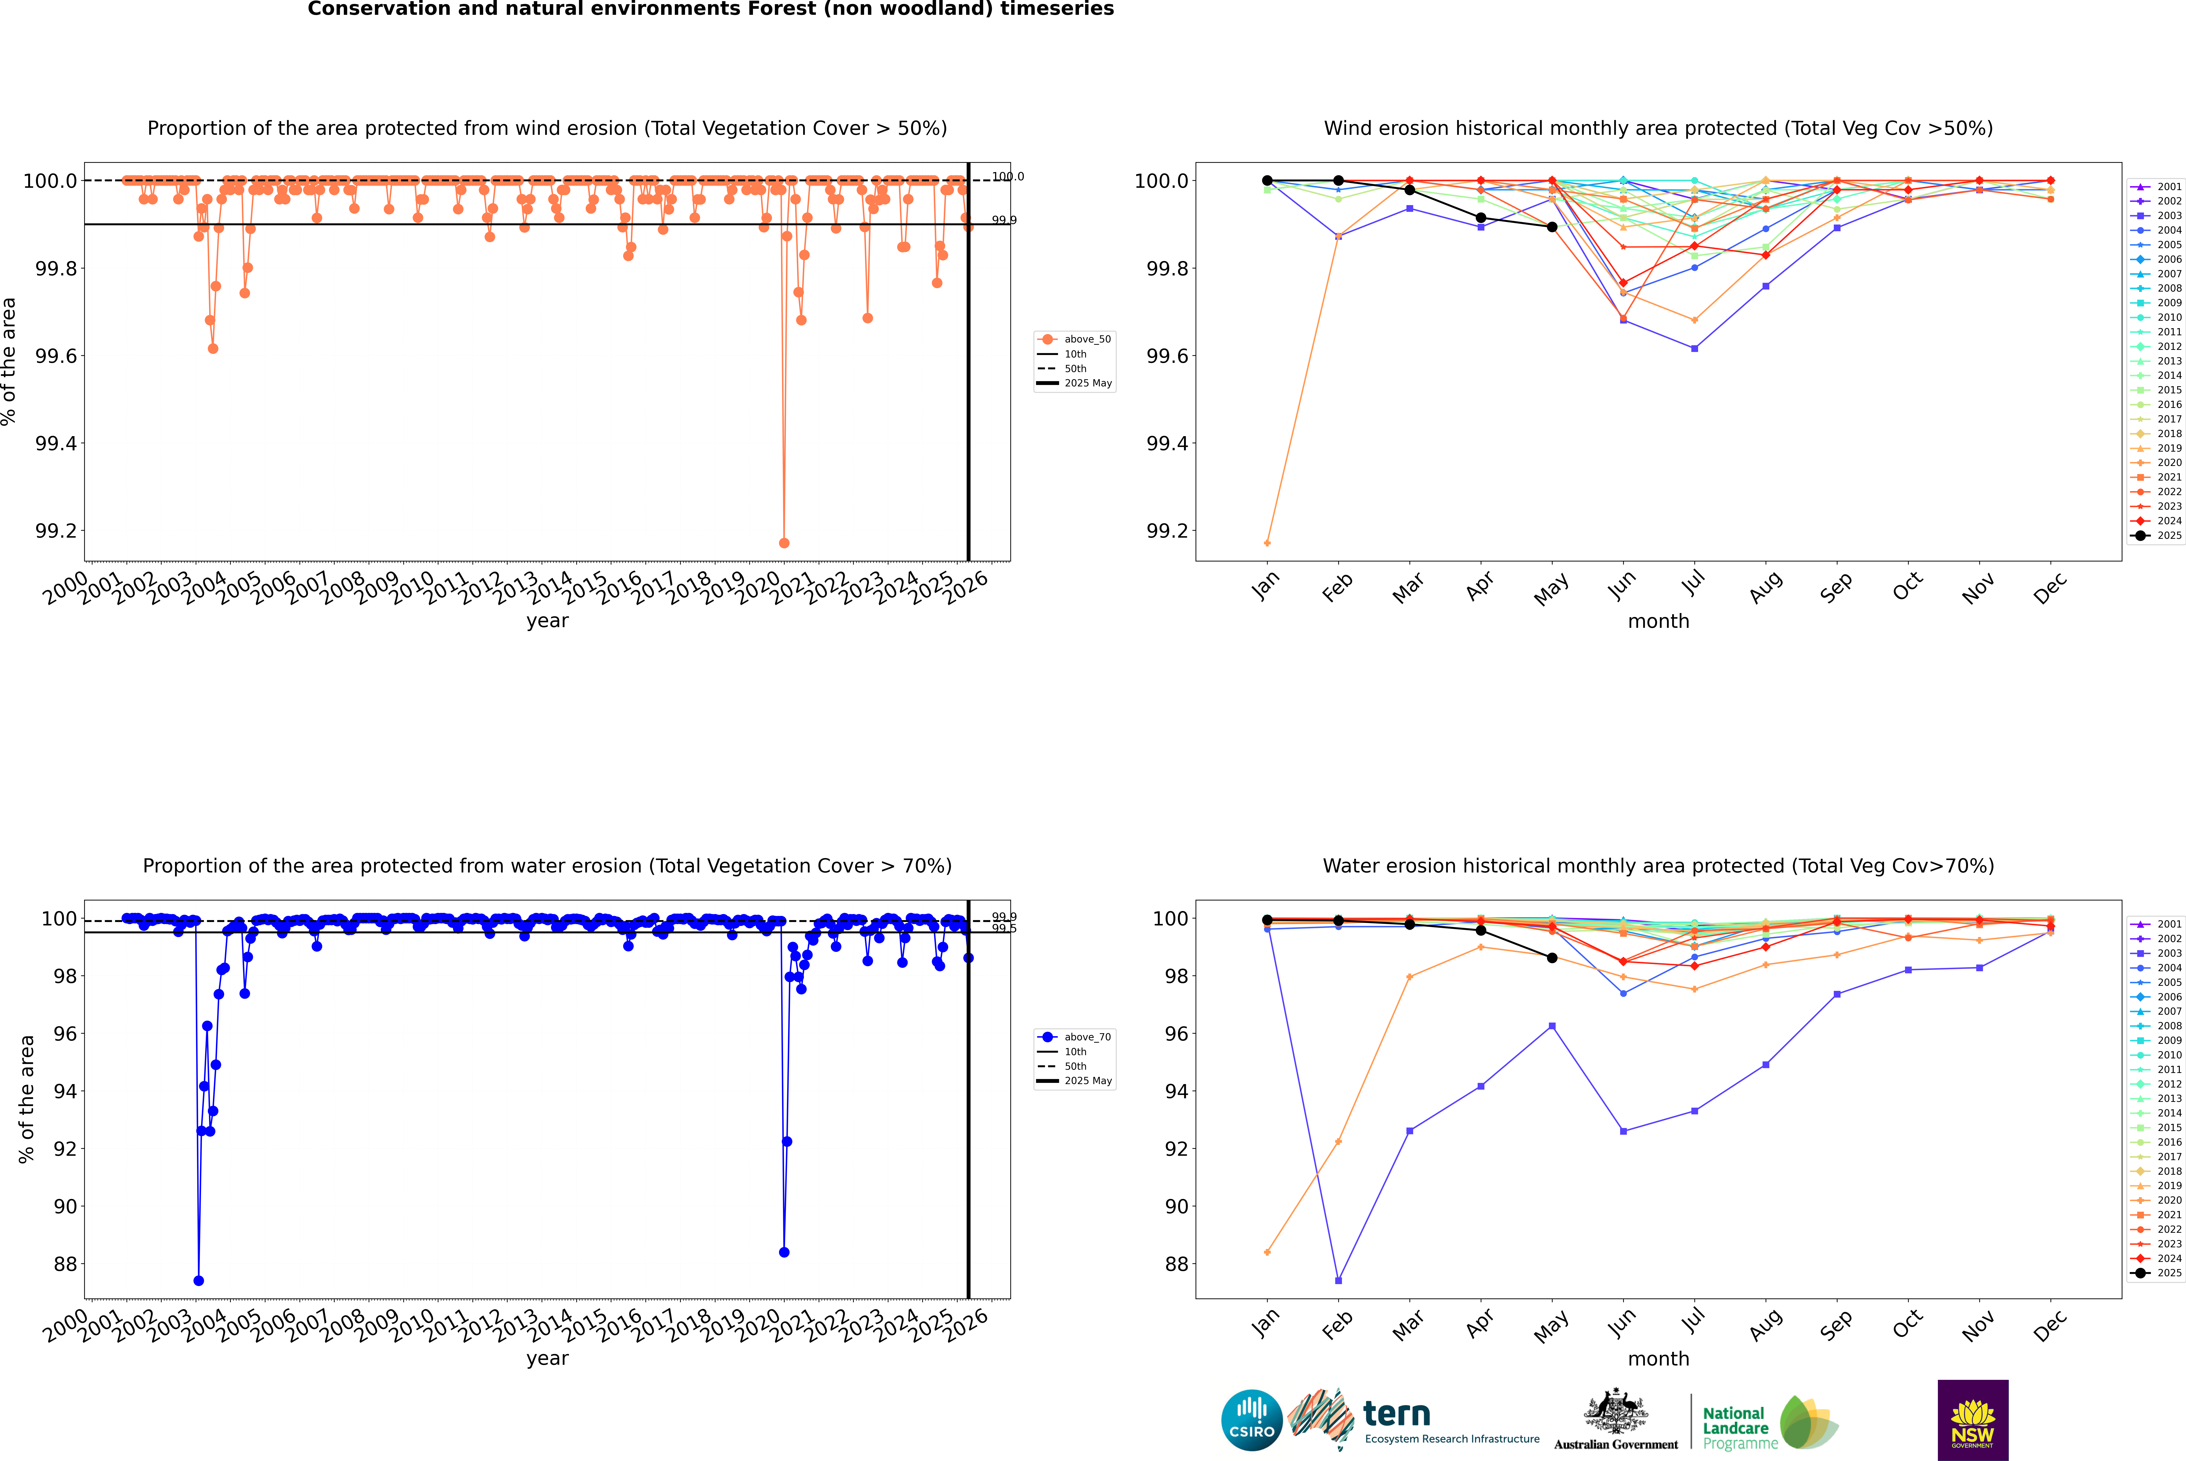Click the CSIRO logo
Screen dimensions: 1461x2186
[1252, 1420]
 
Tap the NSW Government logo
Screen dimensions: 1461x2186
[1973, 1420]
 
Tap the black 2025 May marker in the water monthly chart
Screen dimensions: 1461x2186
[1551, 958]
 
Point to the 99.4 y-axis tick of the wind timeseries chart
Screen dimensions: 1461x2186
[56, 444]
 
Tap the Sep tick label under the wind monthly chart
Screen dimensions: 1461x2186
[1836, 587]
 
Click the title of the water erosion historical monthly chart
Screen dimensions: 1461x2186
[1658, 866]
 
